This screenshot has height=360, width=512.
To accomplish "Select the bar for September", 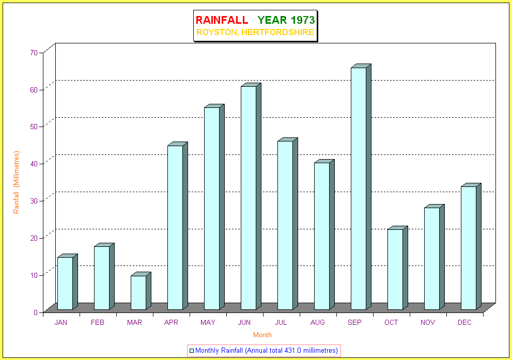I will [x=358, y=189].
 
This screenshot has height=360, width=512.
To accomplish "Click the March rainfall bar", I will [x=138, y=292].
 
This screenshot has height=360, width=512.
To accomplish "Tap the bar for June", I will [x=248, y=198].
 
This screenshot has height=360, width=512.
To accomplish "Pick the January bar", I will [x=65, y=283].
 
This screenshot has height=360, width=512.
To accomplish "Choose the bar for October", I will [x=395, y=269].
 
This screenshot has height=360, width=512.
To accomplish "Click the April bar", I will [x=175, y=227].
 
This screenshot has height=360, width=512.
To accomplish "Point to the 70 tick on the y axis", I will [x=34, y=52].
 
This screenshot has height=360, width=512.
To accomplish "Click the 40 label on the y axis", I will [x=34, y=163].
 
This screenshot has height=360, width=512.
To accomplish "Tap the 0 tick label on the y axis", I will [x=36, y=312].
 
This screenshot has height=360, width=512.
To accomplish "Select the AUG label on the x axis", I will [x=318, y=323].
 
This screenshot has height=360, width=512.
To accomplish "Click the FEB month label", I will [x=98, y=323].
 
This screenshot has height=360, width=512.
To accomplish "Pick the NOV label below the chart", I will [x=428, y=323].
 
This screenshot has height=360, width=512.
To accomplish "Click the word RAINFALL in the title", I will [x=222, y=20].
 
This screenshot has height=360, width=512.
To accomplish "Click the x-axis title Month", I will [x=262, y=335].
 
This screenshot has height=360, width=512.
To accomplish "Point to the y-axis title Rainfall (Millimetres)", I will [x=17, y=182].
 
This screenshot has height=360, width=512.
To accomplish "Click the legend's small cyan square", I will [x=192, y=351].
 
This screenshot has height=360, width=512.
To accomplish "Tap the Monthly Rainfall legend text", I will [x=267, y=351].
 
